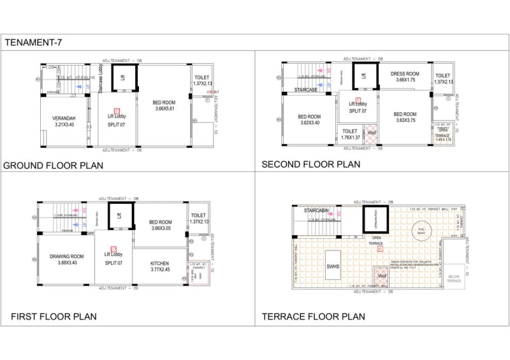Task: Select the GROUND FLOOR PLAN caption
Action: (x=54, y=166)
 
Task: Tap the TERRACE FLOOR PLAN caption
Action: (x=313, y=317)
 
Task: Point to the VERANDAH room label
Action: (x=64, y=121)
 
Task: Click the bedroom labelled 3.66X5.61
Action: (x=164, y=105)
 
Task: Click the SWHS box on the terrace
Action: (x=333, y=268)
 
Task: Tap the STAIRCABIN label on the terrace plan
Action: (x=316, y=210)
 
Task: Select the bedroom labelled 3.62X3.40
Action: (x=309, y=120)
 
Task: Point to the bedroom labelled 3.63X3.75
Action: (x=405, y=117)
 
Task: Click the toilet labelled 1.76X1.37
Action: (x=350, y=134)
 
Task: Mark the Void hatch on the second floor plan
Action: (x=372, y=133)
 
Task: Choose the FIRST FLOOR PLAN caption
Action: (x=54, y=317)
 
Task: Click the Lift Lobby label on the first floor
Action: (x=115, y=257)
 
